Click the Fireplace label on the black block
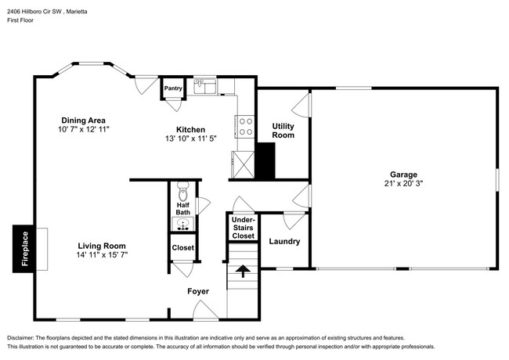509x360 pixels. pos(25,249)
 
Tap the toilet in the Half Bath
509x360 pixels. pos(183,192)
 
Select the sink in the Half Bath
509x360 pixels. pos(182,224)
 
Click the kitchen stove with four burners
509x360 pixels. pos(245,127)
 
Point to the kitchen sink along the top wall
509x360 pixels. pos(205,86)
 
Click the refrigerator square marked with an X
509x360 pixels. pos(243,165)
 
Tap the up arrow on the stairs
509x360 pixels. pos(243,271)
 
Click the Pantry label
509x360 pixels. pos(173,88)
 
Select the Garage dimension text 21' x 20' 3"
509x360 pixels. pos(403,184)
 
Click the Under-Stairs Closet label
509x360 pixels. pos(243,228)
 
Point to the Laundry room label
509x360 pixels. pos(284,241)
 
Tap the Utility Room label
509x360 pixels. pos(283,131)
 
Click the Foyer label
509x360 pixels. pos(198,291)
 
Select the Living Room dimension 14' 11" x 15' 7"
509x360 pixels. pos(102,255)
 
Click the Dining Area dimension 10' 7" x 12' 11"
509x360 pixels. pos(84,129)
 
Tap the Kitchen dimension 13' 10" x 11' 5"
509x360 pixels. pos(191,139)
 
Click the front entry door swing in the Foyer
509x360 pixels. pos(205,311)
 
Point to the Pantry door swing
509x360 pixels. pos(174,104)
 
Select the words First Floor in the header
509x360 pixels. pos(20,20)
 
